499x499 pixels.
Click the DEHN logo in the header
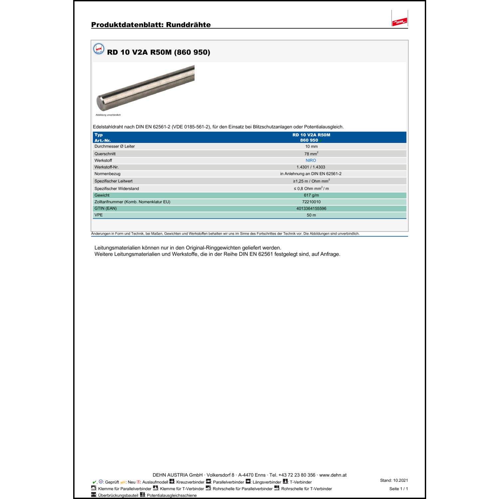pos(400,22)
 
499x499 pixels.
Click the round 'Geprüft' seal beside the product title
pos(98,49)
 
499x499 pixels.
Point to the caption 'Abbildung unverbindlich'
pos(108,115)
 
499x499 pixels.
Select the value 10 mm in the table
pos(311,146)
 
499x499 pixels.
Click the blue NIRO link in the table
pos(311,160)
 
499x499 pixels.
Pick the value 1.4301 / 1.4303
pos(311,167)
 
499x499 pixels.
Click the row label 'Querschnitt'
pos(105,154)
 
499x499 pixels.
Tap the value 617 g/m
pos(311,195)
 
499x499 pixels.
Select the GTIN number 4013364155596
pos(311,209)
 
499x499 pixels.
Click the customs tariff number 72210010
pos(311,202)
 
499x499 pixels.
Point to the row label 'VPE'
pos(98,215)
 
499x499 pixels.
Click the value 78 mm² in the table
pos(311,154)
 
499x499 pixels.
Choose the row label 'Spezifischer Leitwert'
pos(113,181)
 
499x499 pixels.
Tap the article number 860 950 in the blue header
pos(309,140)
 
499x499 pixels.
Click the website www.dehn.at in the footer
pos(333,475)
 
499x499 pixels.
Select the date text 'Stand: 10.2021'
pos(394,480)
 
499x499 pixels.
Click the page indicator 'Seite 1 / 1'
pos(398,489)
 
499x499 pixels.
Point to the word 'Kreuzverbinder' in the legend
pos(190,482)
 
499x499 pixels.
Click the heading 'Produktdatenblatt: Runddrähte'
pos(151,25)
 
